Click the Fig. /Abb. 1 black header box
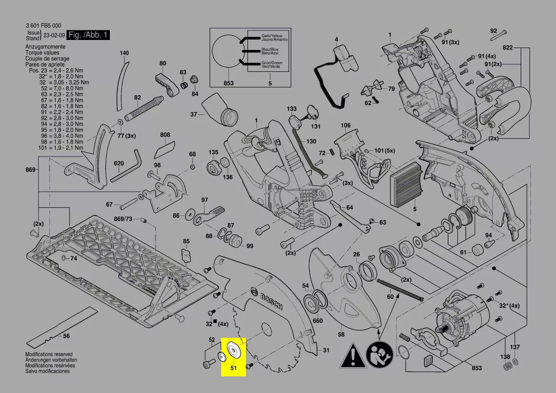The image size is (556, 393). point(88,35)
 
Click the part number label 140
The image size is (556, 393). point(124,53)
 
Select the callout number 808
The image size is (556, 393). point(165,135)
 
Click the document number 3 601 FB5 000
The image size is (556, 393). point(43,25)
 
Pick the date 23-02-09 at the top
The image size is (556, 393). point(54,35)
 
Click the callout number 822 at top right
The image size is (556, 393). point(507,48)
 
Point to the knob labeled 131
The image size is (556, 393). point(312,112)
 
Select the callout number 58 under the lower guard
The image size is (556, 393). point(341,334)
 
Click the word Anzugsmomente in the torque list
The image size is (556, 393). point(45,47)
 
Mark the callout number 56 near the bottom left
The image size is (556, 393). point(66,336)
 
